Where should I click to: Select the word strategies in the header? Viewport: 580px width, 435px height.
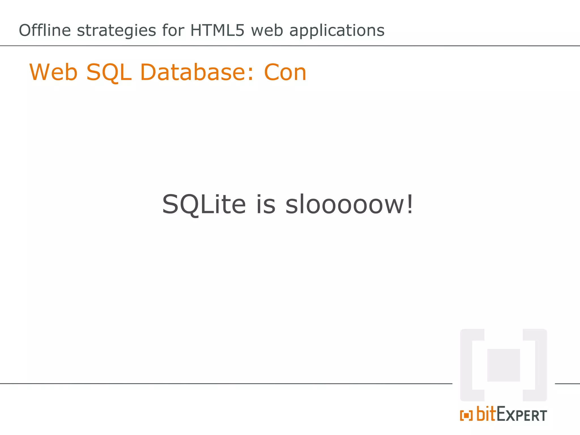point(116,31)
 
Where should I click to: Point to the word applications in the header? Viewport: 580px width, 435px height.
point(337,31)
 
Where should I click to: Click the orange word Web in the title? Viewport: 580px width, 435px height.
point(53,72)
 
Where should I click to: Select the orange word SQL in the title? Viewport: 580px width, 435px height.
point(109,72)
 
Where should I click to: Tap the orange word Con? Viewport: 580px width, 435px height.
point(285,72)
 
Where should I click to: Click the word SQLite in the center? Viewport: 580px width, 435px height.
point(204,204)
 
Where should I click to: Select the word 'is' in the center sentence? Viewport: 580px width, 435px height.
point(266,204)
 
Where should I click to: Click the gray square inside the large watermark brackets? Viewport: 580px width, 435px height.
point(504,365)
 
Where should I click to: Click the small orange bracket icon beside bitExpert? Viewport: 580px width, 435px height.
point(466,416)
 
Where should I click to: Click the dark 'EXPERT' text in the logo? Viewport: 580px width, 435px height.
point(522,415)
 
